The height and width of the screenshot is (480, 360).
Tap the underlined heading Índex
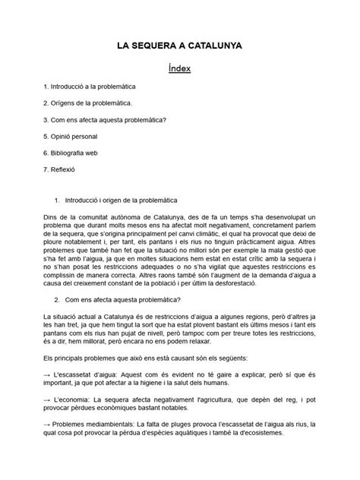[x=179, y=70]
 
